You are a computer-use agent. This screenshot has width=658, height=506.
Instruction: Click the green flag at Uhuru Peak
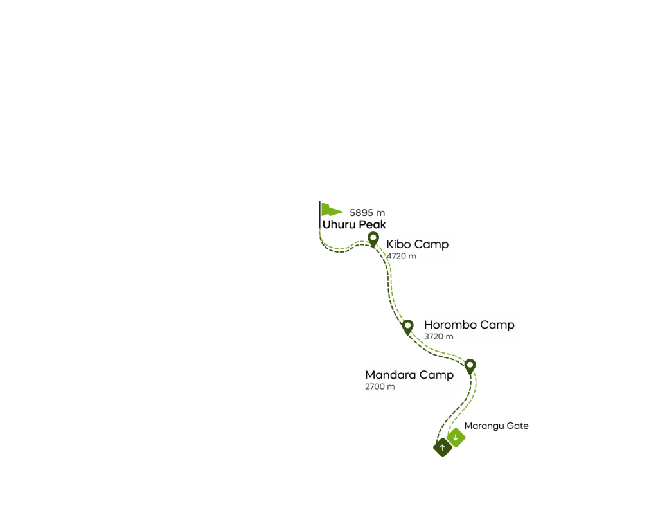point(332,210)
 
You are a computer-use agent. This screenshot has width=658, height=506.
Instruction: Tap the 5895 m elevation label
point(367,213)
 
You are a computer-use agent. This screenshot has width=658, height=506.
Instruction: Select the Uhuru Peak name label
point(354,224)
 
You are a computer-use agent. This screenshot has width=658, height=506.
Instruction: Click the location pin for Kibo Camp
point(373,240)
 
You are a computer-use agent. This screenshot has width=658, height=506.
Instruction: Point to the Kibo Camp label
point(417,244)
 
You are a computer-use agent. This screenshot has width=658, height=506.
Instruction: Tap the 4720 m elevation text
point(402,256)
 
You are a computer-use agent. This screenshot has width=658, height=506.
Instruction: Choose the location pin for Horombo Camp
point(407,327)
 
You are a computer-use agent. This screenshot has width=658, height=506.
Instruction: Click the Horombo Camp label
point(469,325)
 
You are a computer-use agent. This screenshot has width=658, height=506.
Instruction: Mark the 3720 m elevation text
point(438,337)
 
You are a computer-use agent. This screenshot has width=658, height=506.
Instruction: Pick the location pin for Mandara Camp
point(470,367)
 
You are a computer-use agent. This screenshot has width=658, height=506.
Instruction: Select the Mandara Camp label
point(409,375)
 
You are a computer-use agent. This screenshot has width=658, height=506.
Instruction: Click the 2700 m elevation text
point(380,387)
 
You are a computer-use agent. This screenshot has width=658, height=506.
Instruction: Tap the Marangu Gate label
point(497,426)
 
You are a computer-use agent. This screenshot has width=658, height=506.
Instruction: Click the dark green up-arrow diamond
point(442,447)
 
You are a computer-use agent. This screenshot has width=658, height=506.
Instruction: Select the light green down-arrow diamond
point(456,438)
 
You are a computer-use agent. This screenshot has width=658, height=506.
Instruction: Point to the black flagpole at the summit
point(320,215)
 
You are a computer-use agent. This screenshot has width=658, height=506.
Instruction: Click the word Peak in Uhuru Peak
point(372,224)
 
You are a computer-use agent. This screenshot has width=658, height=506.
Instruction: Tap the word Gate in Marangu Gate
point(517,426)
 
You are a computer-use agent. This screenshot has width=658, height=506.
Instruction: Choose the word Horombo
point(450,325)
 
